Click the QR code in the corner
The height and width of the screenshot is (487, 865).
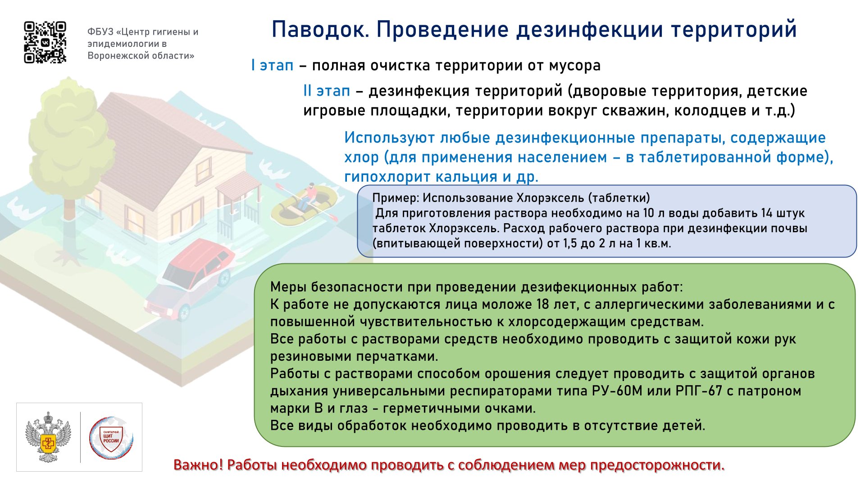point(45,42)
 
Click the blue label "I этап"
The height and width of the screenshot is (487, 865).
point(272,65)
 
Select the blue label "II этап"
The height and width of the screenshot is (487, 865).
point(327,91)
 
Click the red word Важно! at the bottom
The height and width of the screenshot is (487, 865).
point(198,465)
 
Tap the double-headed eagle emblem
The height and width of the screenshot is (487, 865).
point(48,437)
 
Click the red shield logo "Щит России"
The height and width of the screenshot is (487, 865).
point(111,438)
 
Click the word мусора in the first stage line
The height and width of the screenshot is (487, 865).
point(574,66)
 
